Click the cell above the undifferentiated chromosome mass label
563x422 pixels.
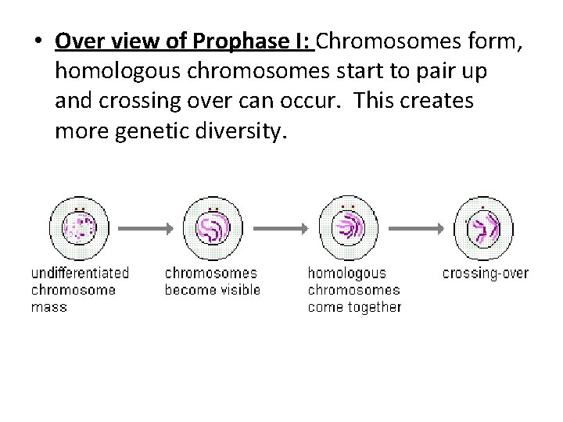79,227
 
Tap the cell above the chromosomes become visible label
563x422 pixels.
213,227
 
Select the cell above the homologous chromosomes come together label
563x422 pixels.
347,227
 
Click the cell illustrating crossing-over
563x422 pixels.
483,227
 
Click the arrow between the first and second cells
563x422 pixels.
145,228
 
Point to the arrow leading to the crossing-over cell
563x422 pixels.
414,228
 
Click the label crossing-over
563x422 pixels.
485,274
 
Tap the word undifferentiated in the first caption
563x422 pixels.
80,274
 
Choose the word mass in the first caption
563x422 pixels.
48,307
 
